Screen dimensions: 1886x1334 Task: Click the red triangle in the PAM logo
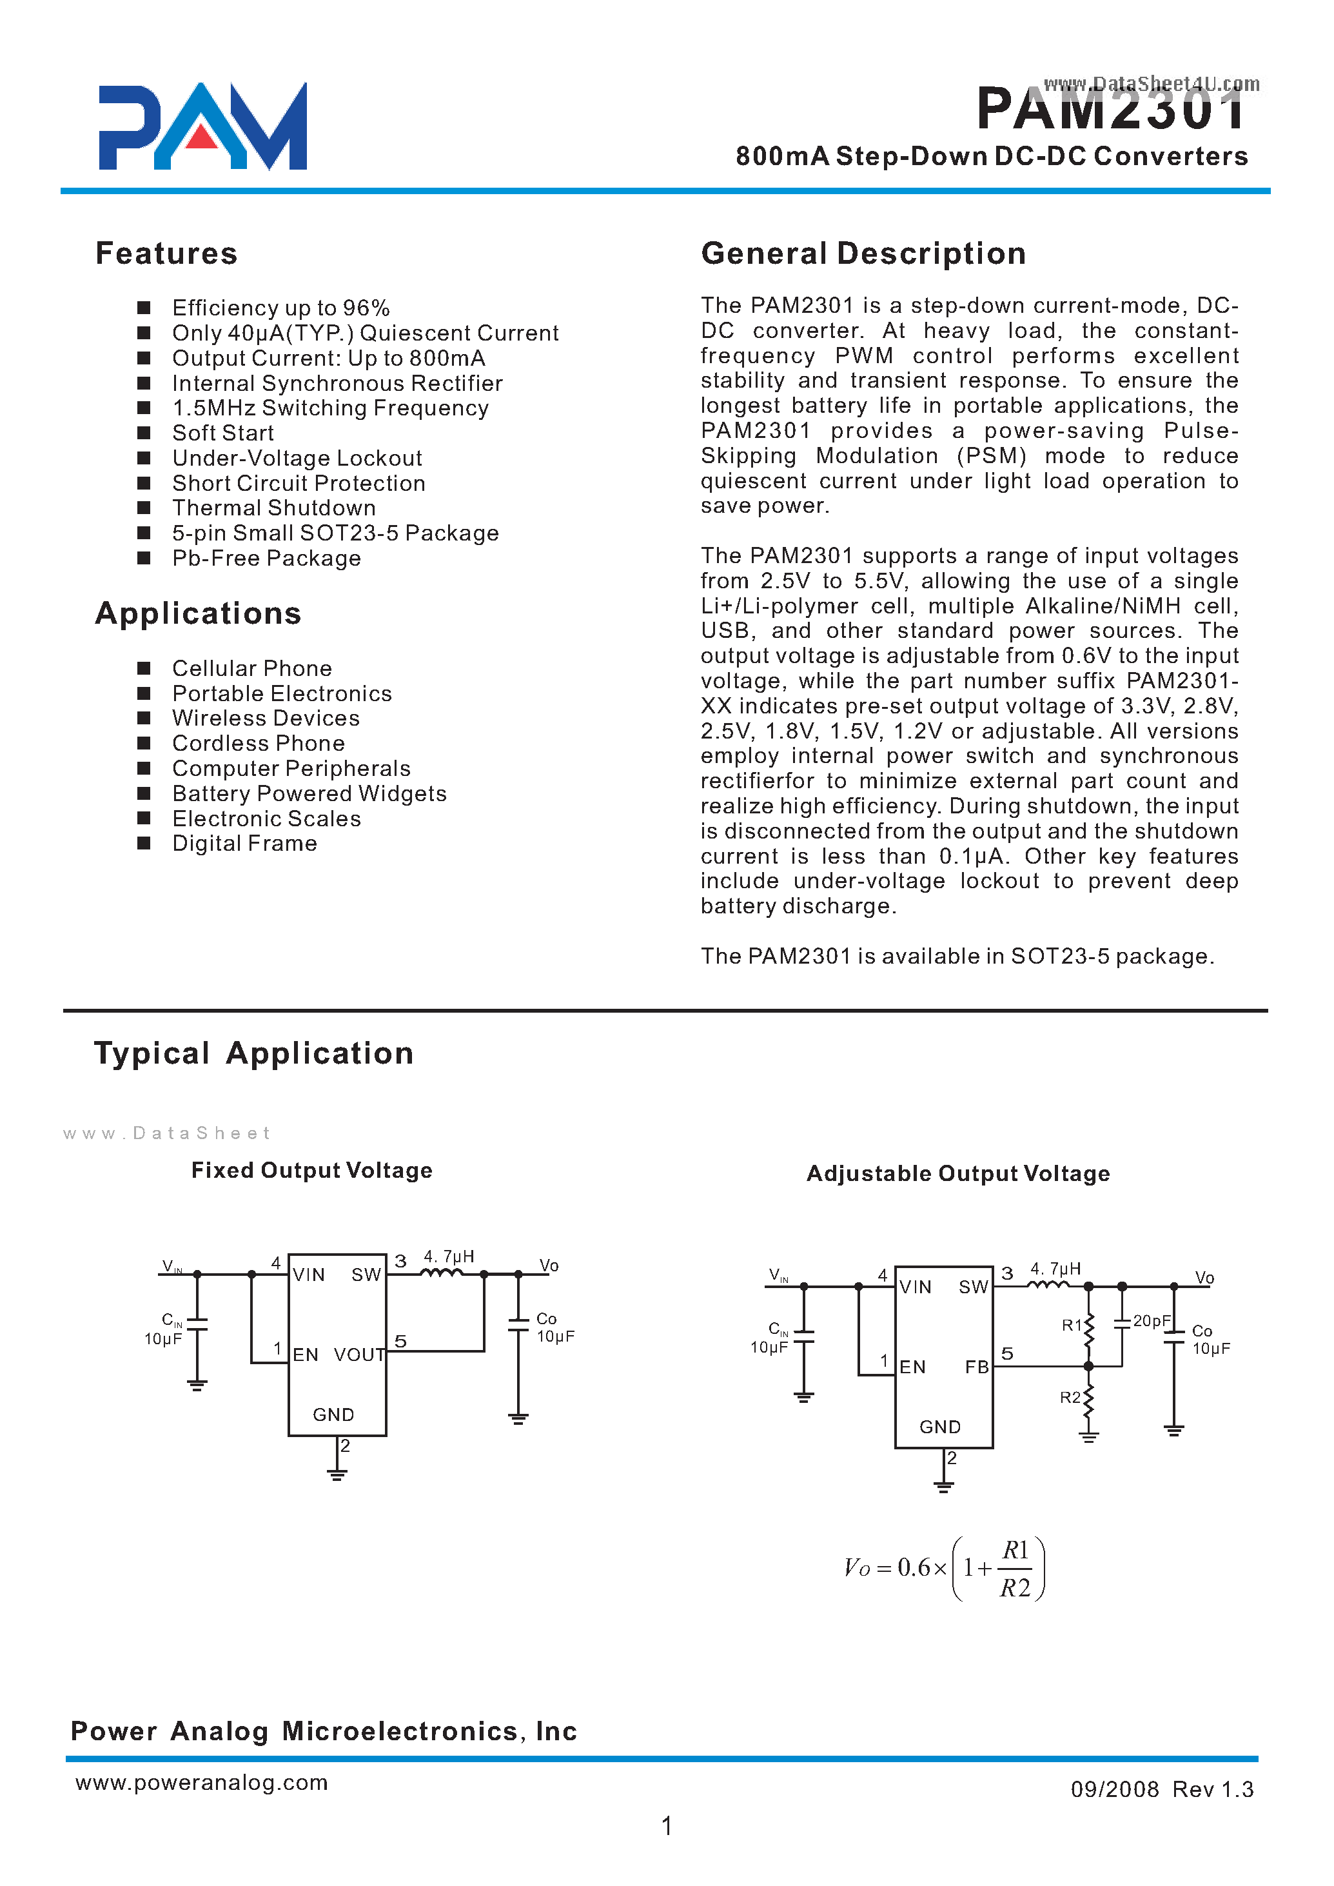pos(201,137)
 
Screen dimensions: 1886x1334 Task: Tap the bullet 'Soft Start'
pos(222,433)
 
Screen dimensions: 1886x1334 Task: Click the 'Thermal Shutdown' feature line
pos(273,508)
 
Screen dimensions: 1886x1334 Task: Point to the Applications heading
pos(198,613)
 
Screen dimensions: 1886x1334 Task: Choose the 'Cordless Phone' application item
pos(258,743)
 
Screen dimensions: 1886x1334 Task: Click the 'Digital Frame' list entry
pos(244,843)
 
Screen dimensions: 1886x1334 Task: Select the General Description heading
pos(863,253)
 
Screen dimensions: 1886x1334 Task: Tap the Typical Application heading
pos(254,1053)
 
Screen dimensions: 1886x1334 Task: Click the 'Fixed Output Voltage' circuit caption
pos(311,1170)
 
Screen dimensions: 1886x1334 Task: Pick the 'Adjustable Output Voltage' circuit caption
pos(958,1173)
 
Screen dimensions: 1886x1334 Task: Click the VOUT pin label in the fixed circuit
pos(359,1355)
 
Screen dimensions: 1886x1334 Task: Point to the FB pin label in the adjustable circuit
pos(977,1367)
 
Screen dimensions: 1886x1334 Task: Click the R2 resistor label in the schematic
pos(1070,1397)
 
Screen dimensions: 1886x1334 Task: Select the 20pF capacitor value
pos(1152,1320)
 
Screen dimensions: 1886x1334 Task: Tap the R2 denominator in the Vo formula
pos(1015,1588)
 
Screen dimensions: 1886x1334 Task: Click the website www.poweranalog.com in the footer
pos(201,1782)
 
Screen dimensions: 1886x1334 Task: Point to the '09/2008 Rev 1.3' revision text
pos(1161,1789)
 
